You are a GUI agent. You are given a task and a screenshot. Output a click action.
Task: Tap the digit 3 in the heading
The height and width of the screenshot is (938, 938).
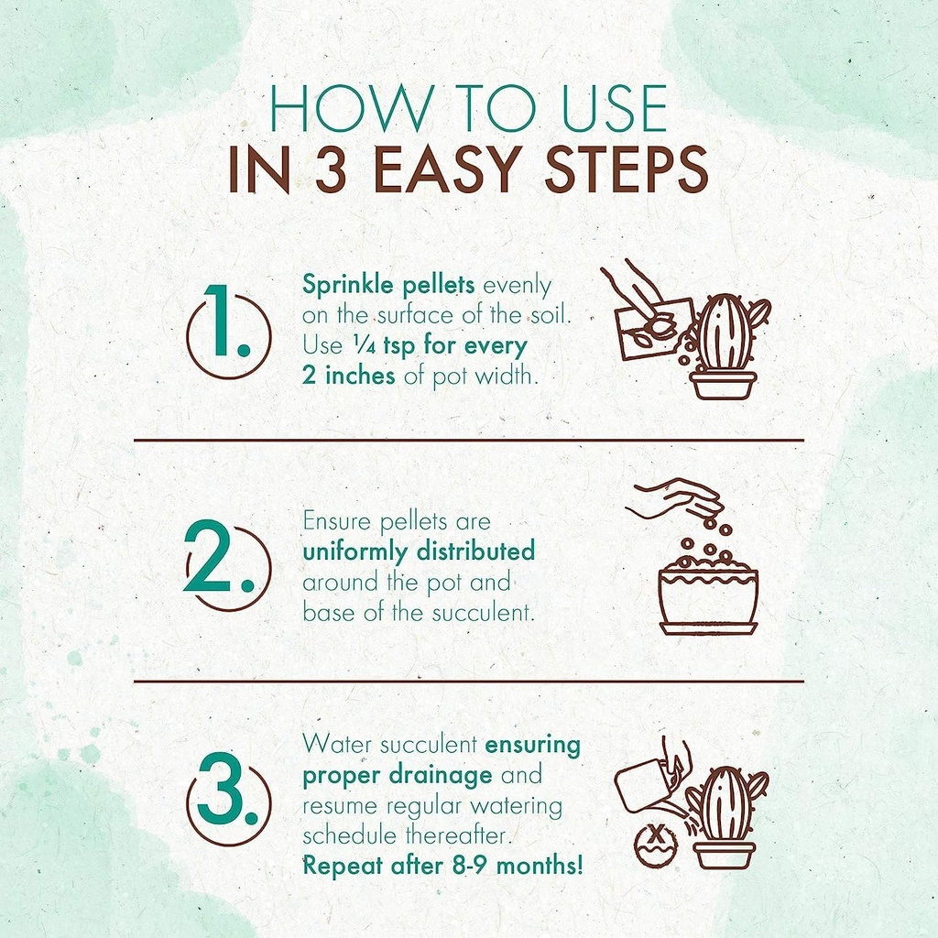point(331,169)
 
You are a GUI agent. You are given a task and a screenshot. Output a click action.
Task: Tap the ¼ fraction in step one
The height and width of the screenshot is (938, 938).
point(364,345)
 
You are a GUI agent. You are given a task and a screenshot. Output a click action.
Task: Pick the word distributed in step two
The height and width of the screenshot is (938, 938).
point(475,551)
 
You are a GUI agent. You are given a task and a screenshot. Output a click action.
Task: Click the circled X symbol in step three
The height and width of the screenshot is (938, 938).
point(656,845)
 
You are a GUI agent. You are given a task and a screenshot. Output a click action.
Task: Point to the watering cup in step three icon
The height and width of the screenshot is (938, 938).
point(643,785)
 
